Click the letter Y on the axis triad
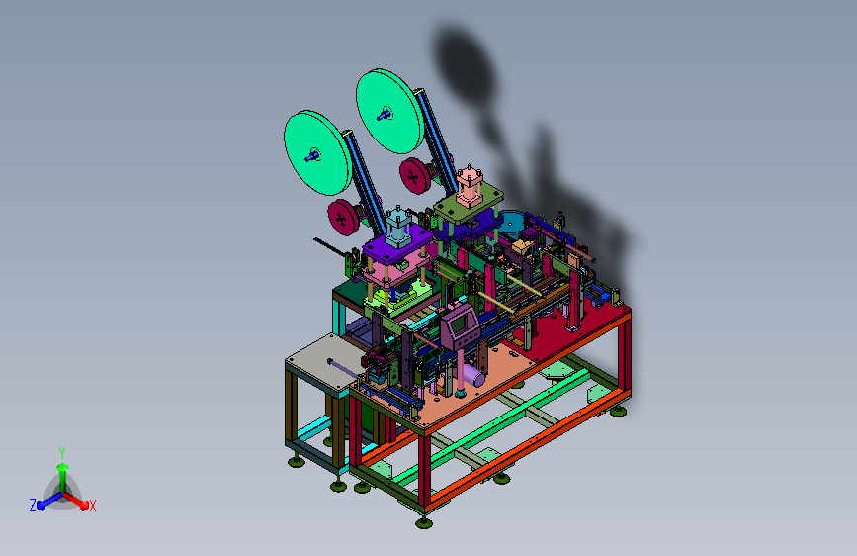(62, 453)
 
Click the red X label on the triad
(92, 506)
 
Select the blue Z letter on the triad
(33, 506)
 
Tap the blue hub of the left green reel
(312, 156)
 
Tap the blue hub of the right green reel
(384, 115)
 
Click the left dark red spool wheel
(343, 218)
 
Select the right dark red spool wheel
(415, 176)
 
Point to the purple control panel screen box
(461, 325)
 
